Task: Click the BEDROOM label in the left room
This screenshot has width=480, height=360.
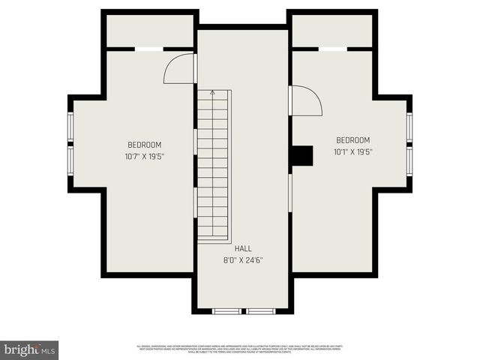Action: click(x=145, y=145)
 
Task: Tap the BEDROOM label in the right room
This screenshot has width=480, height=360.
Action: click(x=352, y=140)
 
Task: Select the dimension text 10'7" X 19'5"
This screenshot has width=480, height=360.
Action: click(x=145, y=156)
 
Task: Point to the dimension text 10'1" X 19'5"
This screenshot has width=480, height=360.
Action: click(x=352, y=151)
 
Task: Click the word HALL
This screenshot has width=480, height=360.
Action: click(x=243, y=248)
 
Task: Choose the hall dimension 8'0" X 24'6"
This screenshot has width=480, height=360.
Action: click(x=243, y=260)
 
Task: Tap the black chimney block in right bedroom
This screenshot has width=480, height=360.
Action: click(x=301, y=155)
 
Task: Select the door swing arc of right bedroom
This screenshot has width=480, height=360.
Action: click(x=306, y=100)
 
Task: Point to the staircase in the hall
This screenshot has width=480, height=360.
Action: click(x=214, y=165)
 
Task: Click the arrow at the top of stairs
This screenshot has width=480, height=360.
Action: click(x=213, y=93)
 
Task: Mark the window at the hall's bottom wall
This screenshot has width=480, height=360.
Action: click(x=244, y=310)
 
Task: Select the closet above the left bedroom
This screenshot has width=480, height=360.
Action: click(x=150, y=31)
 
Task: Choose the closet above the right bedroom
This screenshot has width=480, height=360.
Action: click(x=332, y=31)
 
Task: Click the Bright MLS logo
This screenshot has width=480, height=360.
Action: click(x=30, y=349)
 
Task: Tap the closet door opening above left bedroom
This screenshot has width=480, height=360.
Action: click(x=148, y=49)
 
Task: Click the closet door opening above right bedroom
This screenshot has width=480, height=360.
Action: click(x=332, y=49)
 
